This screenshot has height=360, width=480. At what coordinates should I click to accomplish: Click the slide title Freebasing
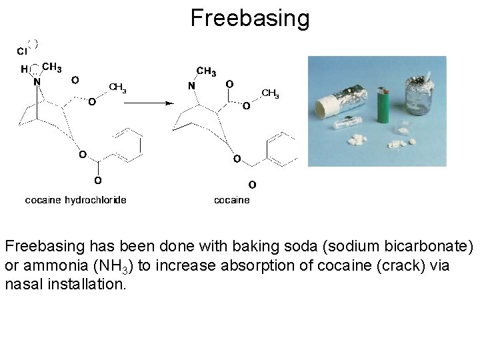coord(250,18)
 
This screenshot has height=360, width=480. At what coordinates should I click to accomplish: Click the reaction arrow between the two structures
coord(150,103)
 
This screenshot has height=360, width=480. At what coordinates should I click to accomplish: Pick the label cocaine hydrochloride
coord(75,199)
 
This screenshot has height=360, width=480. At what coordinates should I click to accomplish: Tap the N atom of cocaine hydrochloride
coord(37,82)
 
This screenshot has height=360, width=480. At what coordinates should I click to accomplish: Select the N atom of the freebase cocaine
coord(191,86)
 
